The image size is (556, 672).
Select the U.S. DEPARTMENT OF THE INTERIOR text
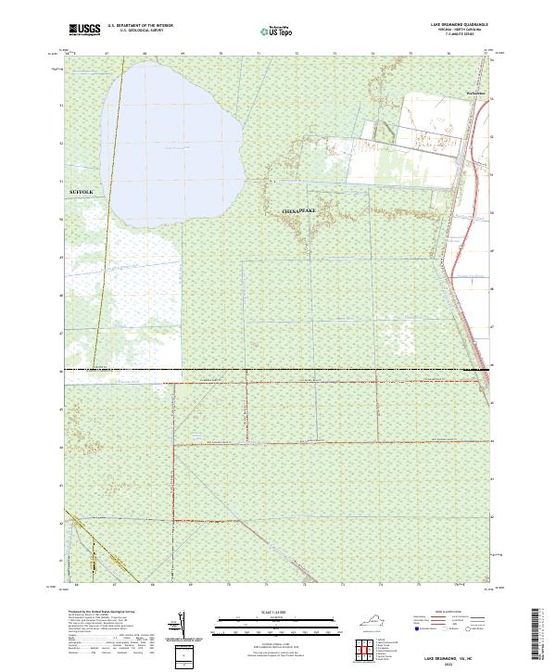tap(140, 26)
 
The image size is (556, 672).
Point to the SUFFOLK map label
tap(82, 190)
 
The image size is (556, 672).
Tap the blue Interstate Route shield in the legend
tap(416, 628)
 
